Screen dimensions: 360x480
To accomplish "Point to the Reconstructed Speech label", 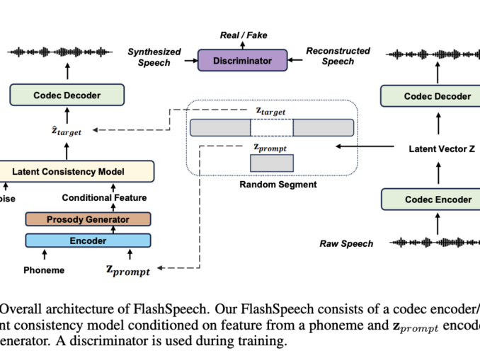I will (338, 56).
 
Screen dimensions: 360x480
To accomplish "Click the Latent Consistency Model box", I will (68, 171).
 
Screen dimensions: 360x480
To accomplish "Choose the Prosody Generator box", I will (88, 219).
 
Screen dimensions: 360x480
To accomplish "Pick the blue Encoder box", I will (88, 240).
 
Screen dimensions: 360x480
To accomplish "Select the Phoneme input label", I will (44, 270).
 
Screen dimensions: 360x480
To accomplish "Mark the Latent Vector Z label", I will (437, 149).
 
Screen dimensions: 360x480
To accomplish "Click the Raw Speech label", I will (346, 244).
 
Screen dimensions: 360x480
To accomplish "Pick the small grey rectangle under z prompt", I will (271, 163).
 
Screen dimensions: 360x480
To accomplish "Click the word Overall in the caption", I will (21, 308).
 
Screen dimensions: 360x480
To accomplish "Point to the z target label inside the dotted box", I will (272, 111).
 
